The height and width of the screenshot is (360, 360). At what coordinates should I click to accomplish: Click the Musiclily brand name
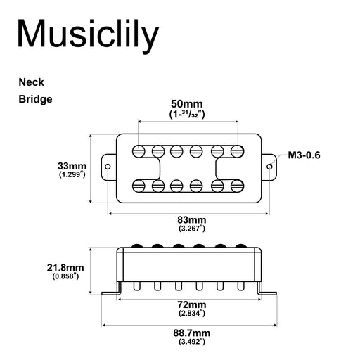[x=87, y=33]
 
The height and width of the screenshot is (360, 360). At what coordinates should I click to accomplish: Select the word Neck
[x=31, y=82]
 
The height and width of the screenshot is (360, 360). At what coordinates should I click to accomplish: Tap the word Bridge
[x=35, y=99]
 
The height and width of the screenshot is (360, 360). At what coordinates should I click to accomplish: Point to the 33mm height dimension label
[x=72, y=166]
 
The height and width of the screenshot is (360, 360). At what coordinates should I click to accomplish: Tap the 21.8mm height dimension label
[x=65, y=268]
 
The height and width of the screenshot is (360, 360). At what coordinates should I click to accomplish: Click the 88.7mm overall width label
[x=191, y=333]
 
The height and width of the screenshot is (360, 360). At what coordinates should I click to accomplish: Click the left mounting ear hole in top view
[x=108, y=167]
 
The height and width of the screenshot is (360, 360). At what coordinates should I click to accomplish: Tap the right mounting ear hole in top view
[x=271, y=167]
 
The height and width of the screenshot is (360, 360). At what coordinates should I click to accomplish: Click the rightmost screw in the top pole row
[x=239, y=150]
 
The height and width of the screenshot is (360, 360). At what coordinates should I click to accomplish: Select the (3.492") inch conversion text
[x=191, y=342]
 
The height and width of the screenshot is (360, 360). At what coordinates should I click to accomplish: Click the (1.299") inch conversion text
[x=72, y=175]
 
